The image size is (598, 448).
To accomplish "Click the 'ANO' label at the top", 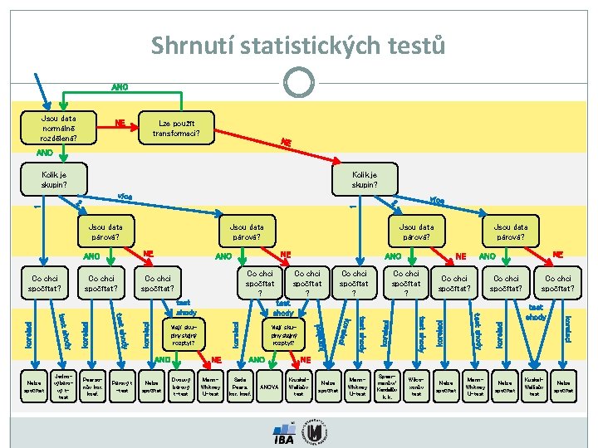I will tap(120, 87).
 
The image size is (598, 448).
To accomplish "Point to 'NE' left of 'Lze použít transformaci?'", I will tap(120, 123).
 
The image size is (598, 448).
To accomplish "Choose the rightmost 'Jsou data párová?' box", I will tap(510, 231).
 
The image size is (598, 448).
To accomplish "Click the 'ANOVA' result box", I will tap(269, 387).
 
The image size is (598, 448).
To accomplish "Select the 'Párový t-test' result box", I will tap(121, 387).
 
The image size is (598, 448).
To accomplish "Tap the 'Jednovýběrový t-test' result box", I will tap(62, 387).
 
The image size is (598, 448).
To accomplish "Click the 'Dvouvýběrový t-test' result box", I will tap(180, 387).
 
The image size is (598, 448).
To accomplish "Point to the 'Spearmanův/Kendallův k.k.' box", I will tap(387, 387).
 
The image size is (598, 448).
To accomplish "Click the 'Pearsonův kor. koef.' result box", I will tap(92, 387).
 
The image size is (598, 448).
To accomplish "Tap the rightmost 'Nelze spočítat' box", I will tap(564, 387).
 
